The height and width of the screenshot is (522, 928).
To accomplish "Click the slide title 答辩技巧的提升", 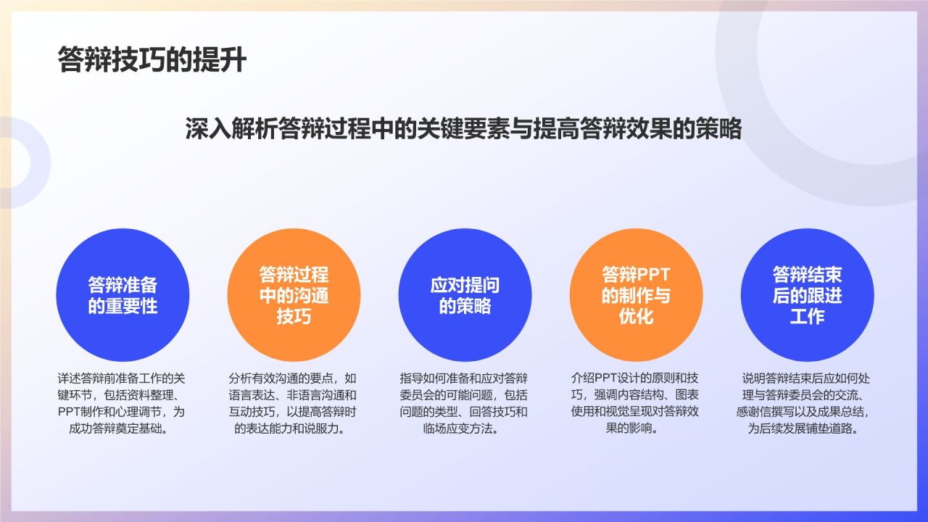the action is click(152, 59).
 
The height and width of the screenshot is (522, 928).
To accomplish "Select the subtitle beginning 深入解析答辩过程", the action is click(463, 128).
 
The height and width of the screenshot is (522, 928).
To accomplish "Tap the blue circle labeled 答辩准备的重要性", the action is click(123, 295).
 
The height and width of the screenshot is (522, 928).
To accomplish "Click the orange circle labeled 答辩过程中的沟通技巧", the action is click(294, 295).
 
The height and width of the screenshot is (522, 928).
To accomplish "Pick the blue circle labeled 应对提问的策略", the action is click(465, 295).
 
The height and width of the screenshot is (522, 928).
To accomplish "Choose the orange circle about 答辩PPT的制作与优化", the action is click(636, 295).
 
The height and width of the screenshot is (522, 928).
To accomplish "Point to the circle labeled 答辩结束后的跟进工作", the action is click(807, 295).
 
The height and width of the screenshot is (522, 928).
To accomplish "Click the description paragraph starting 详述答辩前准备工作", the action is click(121, 403).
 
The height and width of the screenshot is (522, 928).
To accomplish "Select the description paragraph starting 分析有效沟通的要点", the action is click(292, 403).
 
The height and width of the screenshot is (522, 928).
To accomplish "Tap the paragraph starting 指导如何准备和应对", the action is click(463, 403).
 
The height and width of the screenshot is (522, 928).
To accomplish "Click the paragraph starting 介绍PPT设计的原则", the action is click(634, 403).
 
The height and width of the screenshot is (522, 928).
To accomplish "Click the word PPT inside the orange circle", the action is click(653, 274).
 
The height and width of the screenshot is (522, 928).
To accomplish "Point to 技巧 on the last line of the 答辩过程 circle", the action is click(294, 317).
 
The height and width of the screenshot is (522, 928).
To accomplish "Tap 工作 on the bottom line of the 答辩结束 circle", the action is click(807, 317).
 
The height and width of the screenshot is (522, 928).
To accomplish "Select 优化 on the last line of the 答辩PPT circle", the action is click(636, 317).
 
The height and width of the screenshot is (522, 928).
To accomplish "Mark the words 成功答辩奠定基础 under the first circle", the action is click(117, 428).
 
